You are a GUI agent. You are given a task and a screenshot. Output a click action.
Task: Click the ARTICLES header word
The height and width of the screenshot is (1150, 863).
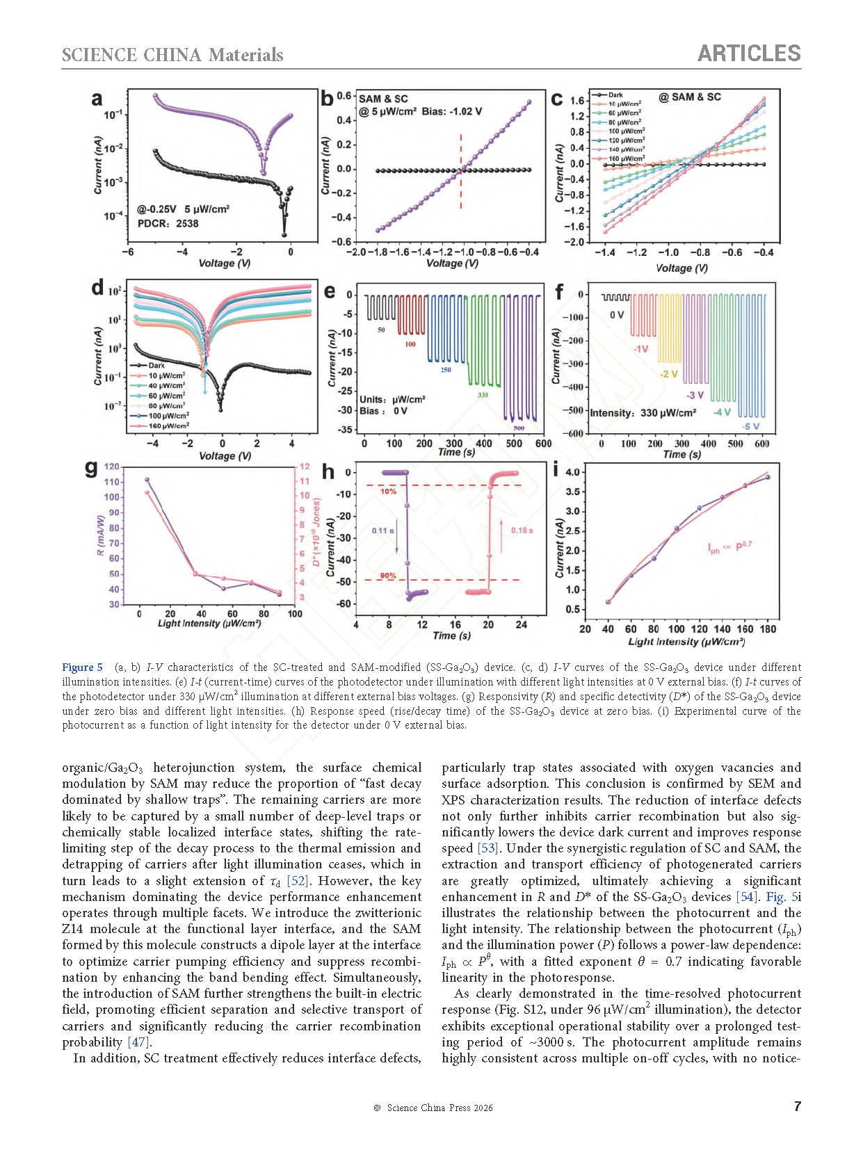click(749, 54)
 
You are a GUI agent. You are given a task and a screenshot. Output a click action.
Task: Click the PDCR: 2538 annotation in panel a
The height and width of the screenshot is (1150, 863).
click(168, 224)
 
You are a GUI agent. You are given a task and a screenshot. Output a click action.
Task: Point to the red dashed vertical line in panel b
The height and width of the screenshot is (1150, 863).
click(461, 171)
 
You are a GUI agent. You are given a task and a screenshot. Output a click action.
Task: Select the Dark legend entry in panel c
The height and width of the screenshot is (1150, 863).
click(608, 95)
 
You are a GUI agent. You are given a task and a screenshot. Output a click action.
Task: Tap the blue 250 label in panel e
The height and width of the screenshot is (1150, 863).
click(445, 370)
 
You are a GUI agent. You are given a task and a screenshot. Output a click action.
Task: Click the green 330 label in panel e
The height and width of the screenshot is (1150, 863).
click(483, 394)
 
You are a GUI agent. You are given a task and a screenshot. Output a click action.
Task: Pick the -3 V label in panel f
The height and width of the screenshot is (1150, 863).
click(695, 395)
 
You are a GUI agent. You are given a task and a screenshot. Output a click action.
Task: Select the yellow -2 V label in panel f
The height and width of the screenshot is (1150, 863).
click(668, 374)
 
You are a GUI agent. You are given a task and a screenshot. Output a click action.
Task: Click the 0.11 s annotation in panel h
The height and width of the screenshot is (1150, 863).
click(383, 531)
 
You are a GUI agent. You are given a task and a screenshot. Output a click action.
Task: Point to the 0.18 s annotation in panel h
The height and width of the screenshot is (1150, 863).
click(522, 531)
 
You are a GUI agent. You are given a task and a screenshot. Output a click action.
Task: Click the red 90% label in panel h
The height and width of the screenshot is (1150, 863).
click(388, 575)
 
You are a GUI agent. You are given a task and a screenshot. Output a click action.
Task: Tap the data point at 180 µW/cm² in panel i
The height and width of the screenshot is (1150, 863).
click(768, 477)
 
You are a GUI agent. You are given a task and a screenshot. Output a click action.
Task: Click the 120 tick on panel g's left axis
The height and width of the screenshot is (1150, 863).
click(111, 467)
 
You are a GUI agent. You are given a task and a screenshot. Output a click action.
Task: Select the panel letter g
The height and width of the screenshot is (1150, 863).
click(91, 468)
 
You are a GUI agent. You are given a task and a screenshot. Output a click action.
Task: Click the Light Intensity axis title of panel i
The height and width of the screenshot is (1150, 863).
click(686, 642)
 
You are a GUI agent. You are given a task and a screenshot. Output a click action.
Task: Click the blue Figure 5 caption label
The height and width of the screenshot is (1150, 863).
click(82, 667)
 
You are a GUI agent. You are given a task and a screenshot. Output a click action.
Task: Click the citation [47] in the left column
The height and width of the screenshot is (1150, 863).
click(139, 1043)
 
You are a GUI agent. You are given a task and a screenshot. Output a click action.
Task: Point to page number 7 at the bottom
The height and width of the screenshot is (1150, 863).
click(797, 1106)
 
